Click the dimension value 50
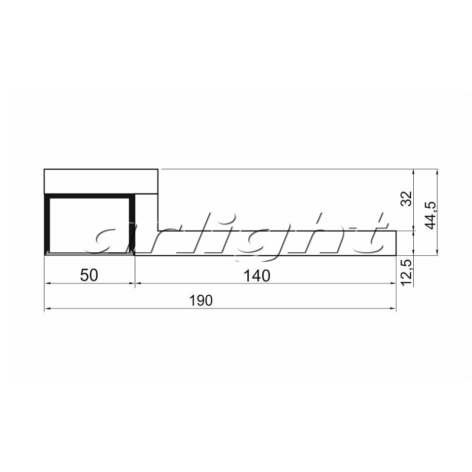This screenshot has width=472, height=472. pyautogui.click(x=89, y=275)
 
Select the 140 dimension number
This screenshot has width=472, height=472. pyautogui.click(x=257, y=275)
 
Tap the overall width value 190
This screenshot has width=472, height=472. pyautogui.click(x=201, y=300)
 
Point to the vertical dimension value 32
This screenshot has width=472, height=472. pyautogui.click(x=406, y=198)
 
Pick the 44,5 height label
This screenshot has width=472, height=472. pyautogui.click(x=431, y=215)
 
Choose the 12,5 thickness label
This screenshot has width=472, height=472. pyautogui.click(x=407, y=273)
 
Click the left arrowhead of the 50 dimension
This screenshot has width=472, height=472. pyautogui.click(x=47, y=283)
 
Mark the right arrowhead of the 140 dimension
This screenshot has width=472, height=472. pyautogui.click(x=393, y=283)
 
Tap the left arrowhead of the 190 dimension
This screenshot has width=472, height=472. pyautogui.click(x=47, y=309)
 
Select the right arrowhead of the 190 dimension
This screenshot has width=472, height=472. pyautogui.click(x=393, y=309)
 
